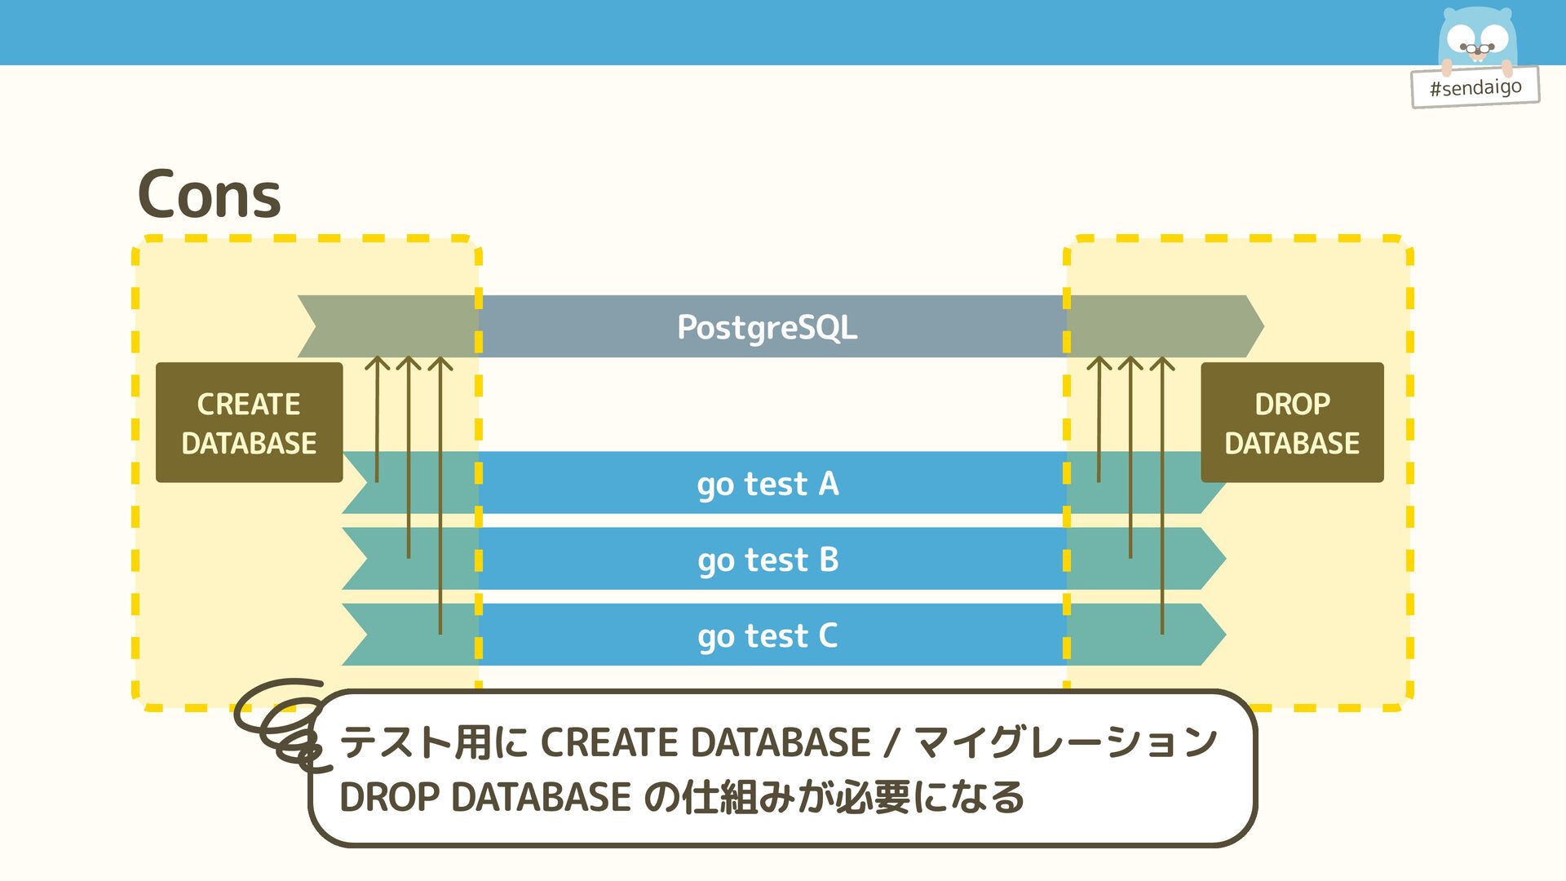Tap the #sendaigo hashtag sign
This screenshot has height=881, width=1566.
coord(1475,87)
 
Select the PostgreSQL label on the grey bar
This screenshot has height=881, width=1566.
coord(767,327)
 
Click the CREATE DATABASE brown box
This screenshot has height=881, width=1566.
coord(249,423)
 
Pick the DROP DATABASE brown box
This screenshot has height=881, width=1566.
coord(1292,423)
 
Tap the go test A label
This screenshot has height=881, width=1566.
coord(768,484)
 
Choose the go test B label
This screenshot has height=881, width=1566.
coord(768,560)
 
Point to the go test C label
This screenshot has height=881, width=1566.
coord(768,635)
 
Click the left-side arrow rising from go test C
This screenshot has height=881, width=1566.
coord(440,489)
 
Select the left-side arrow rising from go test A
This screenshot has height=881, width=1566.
coord(377,416)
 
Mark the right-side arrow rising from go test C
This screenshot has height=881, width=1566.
coord(1162,489)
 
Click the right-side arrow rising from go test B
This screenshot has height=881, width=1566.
coord(1130,457)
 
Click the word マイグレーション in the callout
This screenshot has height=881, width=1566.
coord(1065,742)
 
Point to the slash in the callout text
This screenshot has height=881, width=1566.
coord(891,742)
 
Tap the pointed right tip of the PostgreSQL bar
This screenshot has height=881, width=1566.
coord(1259,326)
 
